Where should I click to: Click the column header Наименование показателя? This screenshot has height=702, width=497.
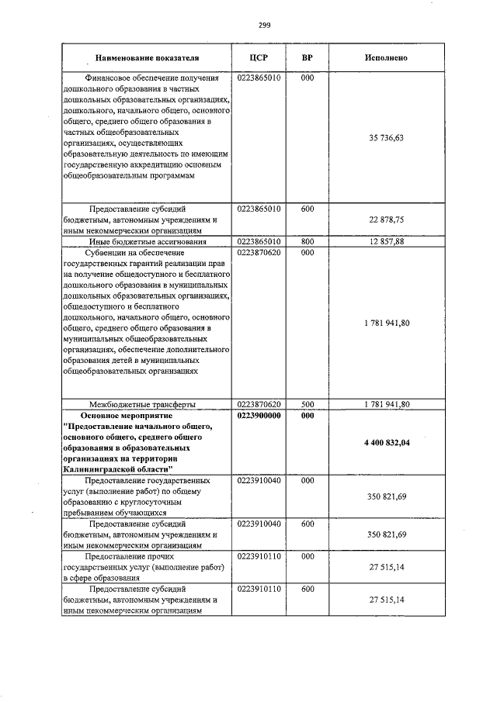coord(147,57)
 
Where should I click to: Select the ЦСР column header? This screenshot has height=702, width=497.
coord(258,57)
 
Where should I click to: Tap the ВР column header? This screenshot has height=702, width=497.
coord(307,57)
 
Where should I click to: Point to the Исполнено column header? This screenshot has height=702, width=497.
coord(386,57)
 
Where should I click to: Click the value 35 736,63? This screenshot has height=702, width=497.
coord(386,137)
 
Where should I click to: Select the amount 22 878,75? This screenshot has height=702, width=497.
coord(386,220)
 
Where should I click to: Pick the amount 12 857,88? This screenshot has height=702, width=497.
coord(386,242)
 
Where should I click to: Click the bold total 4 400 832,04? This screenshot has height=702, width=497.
coord(386,442)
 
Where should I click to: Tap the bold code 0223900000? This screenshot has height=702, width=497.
coord(258,415)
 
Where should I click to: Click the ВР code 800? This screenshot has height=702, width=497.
coord(307,242)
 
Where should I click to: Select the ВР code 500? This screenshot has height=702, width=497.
coord(307,403)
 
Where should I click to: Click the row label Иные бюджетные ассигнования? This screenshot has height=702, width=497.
coord(147,243)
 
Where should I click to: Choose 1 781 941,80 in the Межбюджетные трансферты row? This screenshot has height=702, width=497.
coord(386,403)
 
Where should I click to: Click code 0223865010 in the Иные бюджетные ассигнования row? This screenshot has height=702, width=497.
coord(258,242)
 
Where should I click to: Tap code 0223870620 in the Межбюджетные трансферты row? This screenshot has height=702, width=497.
coord(258,403)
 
